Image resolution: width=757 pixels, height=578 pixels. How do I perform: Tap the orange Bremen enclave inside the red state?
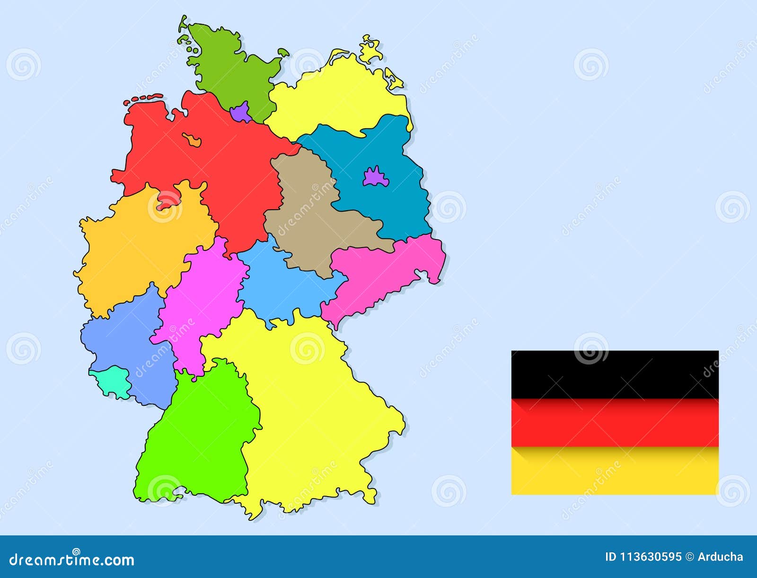pos(192,140)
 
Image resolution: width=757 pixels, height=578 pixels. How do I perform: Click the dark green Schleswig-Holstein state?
pos(227,71)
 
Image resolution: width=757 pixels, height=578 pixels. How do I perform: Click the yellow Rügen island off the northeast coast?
pos(370,50)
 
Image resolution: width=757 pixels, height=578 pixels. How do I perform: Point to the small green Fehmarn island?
pos(283,52)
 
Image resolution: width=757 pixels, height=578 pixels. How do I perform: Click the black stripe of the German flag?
pos(615,374)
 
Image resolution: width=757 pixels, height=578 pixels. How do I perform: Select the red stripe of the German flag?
pos(615,422)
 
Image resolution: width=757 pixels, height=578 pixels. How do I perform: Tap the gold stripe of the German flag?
pos(615,471)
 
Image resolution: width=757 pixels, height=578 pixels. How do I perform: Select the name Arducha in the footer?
pos(720,557)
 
